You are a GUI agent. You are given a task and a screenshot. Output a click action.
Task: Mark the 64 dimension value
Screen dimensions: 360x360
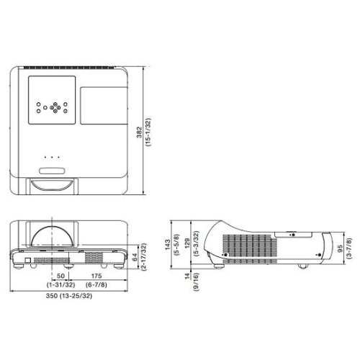pos(134,256)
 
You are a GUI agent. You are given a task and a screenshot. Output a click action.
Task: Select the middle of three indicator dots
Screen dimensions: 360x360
pos(51,156)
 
